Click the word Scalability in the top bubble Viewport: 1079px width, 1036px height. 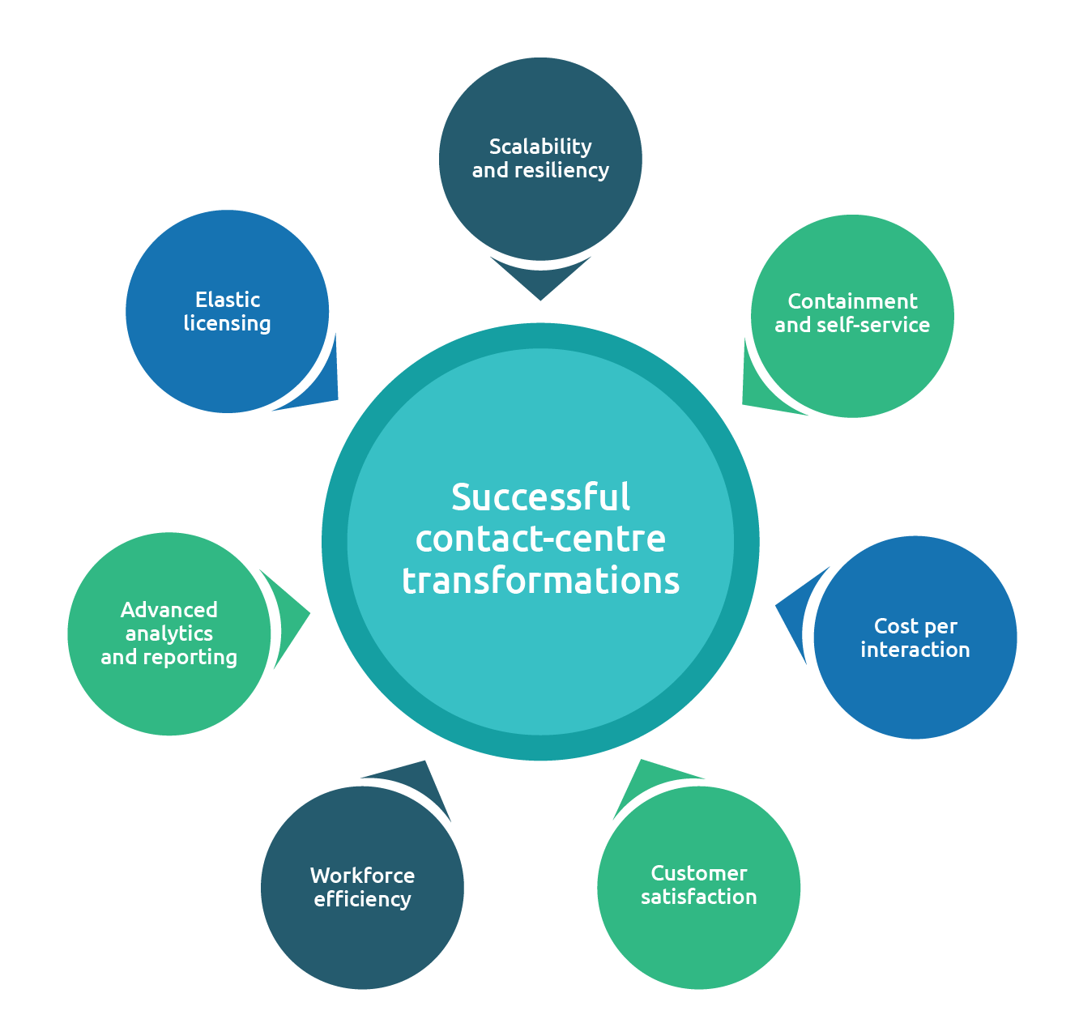(x=540, y=147)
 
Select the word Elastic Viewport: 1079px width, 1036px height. (x=228, y=300)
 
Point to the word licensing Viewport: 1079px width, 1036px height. (x=227, y=324)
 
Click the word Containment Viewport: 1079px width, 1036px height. (x=852, y=301)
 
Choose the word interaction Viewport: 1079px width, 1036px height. (x=915, y=650)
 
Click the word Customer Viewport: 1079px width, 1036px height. (x=699, y=873)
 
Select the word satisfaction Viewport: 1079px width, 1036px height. (x=698, y=897)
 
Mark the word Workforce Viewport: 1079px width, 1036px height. (x=362, y=876)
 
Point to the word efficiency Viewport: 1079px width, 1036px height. (x=362, y=899)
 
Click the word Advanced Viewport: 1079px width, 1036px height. (x=169, y=610)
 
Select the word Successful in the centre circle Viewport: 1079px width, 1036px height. (x=540, y=497)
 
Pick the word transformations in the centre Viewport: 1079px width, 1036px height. (x=540, y=581)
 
